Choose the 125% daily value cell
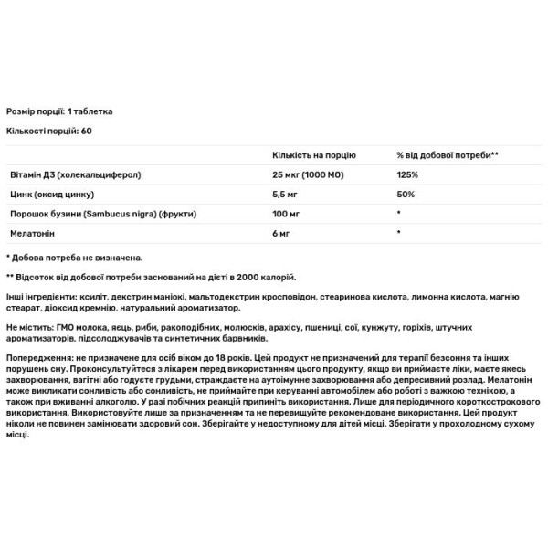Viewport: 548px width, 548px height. pyautogui.click(x=407, y=174)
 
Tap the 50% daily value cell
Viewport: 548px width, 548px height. pyautogui.click(x=406, y=194)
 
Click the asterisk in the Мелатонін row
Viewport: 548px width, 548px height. pyautogui.click(x=399, y=234)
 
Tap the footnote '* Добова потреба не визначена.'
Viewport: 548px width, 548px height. pyautogui.click(x=74, y=258)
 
